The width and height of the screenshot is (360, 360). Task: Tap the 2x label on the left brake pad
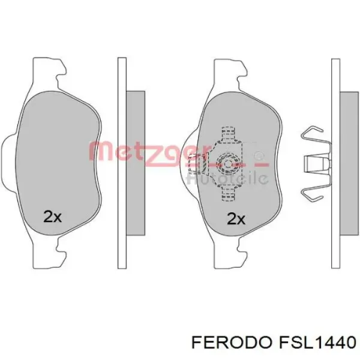tap(52, 217)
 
